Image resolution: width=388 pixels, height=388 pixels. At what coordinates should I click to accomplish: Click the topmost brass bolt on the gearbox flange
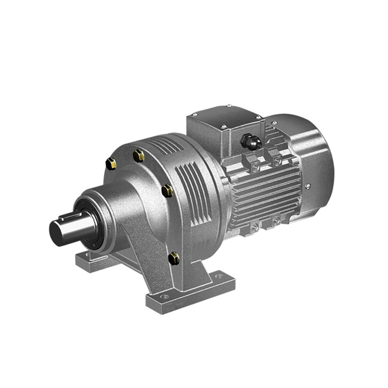click(x=139, y=155)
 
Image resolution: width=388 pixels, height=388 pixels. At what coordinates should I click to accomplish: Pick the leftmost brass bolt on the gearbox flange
click(x=111, y=163)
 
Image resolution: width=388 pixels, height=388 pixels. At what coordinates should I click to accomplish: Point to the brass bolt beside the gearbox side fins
click(x=168, y=190)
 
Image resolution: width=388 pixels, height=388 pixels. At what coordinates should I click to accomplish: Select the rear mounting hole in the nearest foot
click(x=219, y=278)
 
